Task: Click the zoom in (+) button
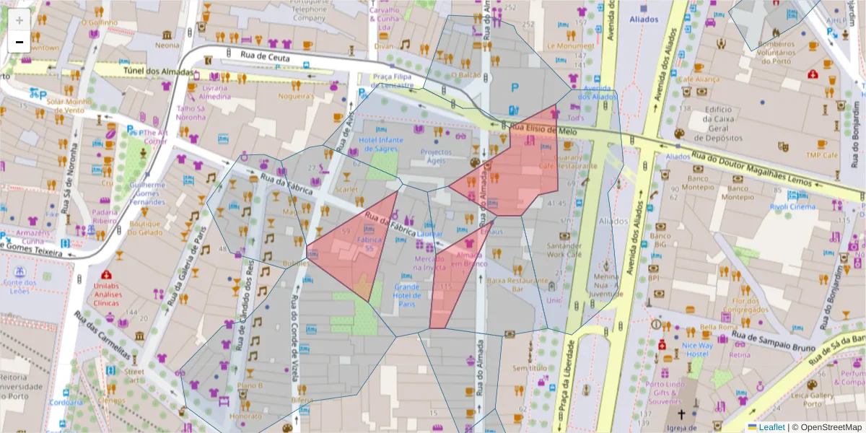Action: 19,20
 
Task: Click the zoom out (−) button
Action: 19,42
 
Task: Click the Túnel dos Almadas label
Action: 158,72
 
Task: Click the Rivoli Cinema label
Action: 792,206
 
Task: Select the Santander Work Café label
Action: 564,250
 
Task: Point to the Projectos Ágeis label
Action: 436,157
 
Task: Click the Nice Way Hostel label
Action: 697,349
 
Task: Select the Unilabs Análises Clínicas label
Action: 105,294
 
